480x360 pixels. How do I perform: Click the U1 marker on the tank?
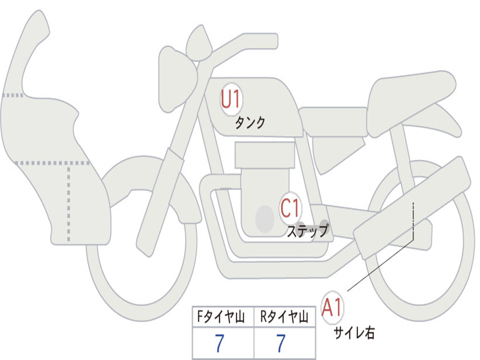231,99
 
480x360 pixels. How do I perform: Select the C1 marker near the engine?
290,208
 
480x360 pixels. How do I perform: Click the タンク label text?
250,123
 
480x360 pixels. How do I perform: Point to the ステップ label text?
307,231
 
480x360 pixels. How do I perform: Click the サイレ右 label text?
354,333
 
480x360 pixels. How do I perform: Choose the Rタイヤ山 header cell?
285,318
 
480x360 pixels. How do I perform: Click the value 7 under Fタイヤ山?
219,344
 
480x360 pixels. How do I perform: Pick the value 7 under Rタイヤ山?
280,344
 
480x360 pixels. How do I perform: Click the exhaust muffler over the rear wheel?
412,206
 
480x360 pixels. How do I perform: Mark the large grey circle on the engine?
264,218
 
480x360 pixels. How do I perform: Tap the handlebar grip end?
272,41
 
